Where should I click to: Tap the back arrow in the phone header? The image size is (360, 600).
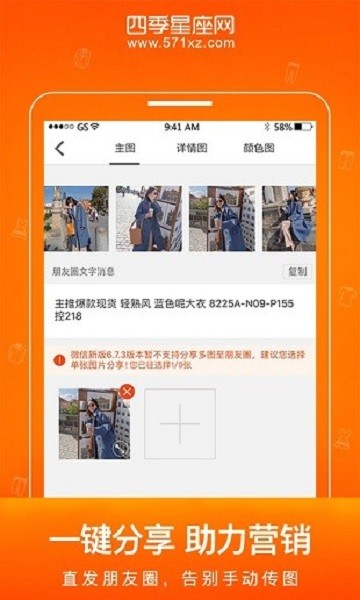pyautogui.click(x=59, y=149)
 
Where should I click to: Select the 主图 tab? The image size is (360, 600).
pyautogui.click(x=124, y=149)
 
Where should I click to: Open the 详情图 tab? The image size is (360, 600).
pyautogui.click(x=192, y=149)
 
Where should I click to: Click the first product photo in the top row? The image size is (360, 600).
pyautogui.click(x=76, y=218)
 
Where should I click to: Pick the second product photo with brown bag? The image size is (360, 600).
pyautogui.click(x=149, y=218)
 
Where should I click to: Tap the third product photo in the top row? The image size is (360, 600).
pyautogui.click(x=221, y=218)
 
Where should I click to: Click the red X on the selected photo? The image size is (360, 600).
pyautogui.click(x=126, y=391)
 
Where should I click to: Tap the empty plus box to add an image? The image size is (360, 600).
pyautogui.click(x=180, y=424)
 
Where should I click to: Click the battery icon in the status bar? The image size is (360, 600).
pyautogui.click(x=303, y=127)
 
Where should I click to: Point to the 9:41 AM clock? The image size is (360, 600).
pyautogui.click(x=181, y=127)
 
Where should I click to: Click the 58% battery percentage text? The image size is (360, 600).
pyautogui.click(x=282, y=127)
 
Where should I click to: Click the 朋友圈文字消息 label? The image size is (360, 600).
pyautogui.click(x=84, y=271)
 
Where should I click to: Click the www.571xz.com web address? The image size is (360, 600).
pyautogui.click(x=181, y=43)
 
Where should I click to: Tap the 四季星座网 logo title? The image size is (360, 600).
pyautogui.click(x=181, y=23)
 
